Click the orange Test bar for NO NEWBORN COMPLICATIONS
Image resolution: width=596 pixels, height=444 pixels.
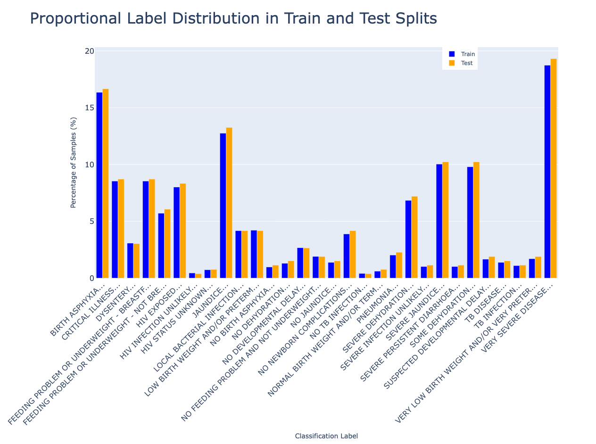click(353, 255)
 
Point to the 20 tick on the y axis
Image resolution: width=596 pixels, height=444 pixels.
click(90, 51)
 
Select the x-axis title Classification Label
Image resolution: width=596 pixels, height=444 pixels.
click(326, 436)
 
